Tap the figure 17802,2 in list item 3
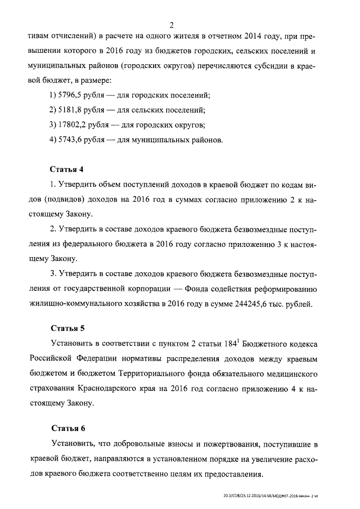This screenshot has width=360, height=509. pos(76,125)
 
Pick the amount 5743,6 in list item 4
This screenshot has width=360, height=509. pos(74,139)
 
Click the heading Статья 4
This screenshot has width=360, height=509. pos(67,169)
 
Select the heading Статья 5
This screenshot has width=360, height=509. pos(67,328)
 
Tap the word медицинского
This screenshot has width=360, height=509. pos(294,373)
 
